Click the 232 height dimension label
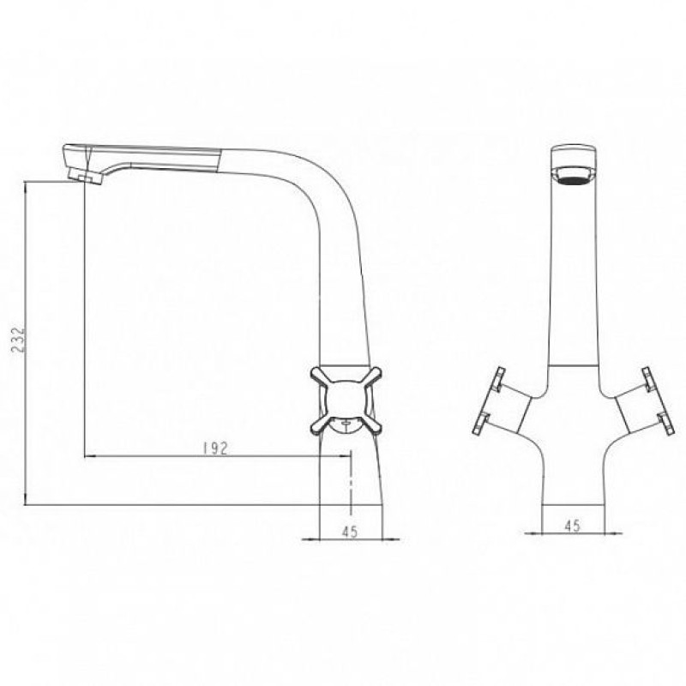tap(18, 339)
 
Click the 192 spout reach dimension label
tap(216, 448)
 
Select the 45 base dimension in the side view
tap(350, 532)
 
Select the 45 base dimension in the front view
tap(572, 526)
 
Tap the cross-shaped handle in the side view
tap(346, 400)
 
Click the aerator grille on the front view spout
tap(574, 178)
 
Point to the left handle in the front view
tap(503, 401)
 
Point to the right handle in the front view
tap(643, 401)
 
